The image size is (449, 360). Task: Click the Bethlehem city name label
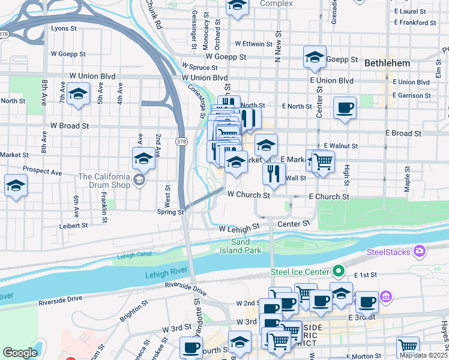tap(387, 63)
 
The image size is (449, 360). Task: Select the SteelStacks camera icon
tap(419, 250)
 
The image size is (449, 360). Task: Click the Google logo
tap(20, 353)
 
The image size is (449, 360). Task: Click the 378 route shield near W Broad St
tap(181, 141)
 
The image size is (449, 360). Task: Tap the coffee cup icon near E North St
tap(345, 109)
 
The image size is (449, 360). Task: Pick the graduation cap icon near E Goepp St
tap(315, 58)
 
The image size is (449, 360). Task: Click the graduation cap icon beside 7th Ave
tap(78, 94)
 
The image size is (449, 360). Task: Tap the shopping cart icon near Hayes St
tap(408, 346)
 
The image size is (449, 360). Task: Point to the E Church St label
tap(328, 197)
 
